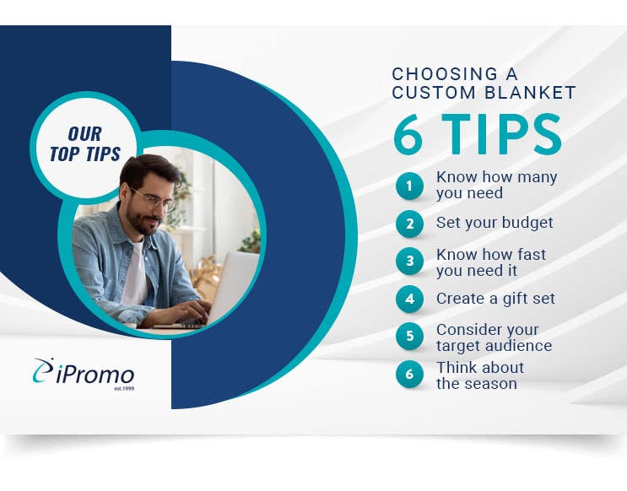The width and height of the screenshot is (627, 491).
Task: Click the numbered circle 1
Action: [x=409, y=186]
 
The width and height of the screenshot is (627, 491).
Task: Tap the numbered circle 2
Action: [x=409, y=224]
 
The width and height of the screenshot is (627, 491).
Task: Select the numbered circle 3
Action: [x=409, y=261]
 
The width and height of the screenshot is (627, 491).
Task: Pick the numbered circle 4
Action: [x=409, y=299]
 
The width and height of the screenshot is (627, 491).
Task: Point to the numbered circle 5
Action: [x=409, y=336]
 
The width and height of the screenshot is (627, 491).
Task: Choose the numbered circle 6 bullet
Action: [x=409, y=374]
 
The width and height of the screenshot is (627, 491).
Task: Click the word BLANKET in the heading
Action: [x=530, y=92]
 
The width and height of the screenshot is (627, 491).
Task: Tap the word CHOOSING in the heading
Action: [x=445, y=74]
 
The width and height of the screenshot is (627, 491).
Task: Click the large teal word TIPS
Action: [x=502, y=133]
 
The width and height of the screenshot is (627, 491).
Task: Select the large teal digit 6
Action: [x=408, y=133]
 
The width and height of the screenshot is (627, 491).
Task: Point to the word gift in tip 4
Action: [x=514, y=299]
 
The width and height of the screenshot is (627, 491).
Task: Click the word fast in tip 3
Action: [x=532, y=254]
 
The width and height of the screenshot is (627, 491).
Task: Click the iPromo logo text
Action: [x=95, y=375]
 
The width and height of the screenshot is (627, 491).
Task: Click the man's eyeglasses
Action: [x=154, y=200]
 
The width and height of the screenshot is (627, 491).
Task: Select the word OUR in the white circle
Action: [x=84, y=134]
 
